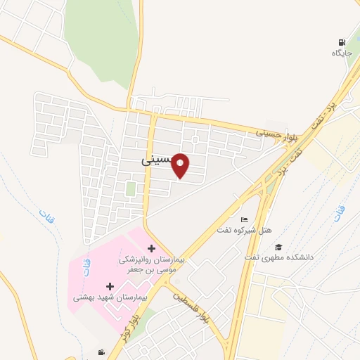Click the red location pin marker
(181, 165)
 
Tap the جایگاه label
(342, 53)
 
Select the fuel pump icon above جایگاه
(342, 42)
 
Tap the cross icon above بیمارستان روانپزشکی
(152, 248)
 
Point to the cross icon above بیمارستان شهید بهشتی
(110, 286)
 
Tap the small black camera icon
(102, 352)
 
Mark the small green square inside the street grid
(131, 188)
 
